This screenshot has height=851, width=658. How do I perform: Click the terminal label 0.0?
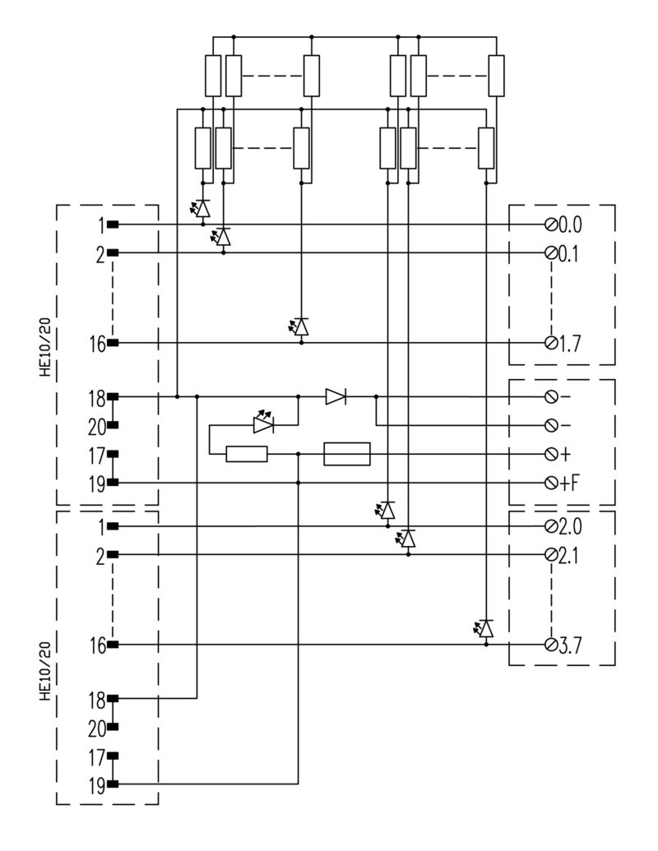click(570, 224)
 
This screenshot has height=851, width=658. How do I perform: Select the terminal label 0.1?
click(569, 253)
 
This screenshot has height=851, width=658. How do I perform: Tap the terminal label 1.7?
click(569, 344)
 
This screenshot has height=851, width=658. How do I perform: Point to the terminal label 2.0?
click(570, 526)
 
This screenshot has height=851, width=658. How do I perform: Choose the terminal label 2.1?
click(569, 555)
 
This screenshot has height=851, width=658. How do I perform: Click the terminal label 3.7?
click(570, 645)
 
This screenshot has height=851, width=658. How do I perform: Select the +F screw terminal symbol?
click(551, 483)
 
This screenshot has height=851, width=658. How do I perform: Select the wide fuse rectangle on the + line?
click(347, 454)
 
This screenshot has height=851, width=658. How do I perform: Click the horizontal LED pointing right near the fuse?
click(264, 423)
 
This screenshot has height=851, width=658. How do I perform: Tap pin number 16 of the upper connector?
click(98, 344)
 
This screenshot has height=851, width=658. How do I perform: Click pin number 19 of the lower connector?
click(97, 785)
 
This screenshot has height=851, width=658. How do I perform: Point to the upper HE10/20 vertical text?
click(45, 347)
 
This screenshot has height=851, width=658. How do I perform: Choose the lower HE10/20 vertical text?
click(45, 671)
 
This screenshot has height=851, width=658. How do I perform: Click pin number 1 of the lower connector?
click(101, 526)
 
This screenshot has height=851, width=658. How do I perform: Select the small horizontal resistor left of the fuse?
click(247, 454)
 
